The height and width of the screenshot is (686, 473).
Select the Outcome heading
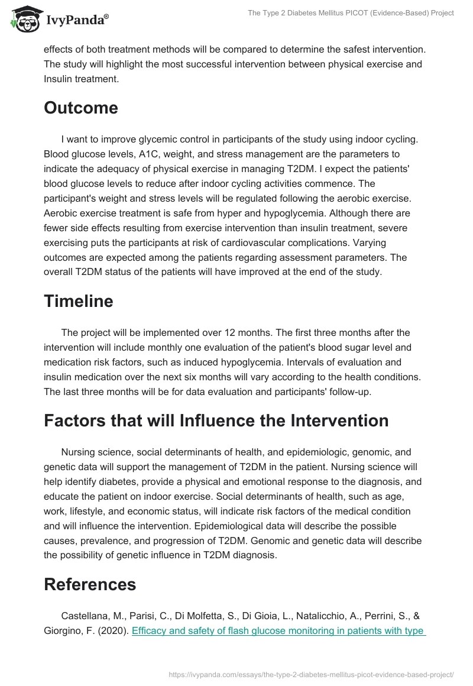point(81,108)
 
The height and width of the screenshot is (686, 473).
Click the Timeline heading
point(78,301)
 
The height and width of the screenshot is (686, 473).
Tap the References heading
point(90,584)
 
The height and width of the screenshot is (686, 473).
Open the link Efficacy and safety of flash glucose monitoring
point(278,630)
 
